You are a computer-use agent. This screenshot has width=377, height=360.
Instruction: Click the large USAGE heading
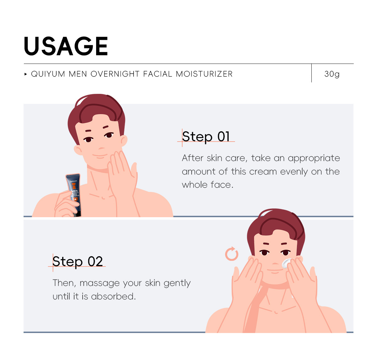[66, 46]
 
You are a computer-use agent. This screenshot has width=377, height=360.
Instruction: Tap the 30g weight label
[332, 74]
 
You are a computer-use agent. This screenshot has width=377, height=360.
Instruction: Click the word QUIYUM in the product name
[48, 74]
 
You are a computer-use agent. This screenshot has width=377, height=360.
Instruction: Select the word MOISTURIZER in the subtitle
[204, 74]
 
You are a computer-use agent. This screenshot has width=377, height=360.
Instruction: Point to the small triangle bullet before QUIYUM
[26, 74]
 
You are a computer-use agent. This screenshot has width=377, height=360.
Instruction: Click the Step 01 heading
[206, 137]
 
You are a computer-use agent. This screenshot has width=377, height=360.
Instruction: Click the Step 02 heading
[78, 262]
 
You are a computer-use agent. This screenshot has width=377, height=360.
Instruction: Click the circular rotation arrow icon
[232, 254]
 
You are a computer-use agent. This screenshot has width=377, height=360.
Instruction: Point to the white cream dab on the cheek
[287, 263]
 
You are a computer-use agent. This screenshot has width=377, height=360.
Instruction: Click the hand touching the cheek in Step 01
[123, 176]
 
